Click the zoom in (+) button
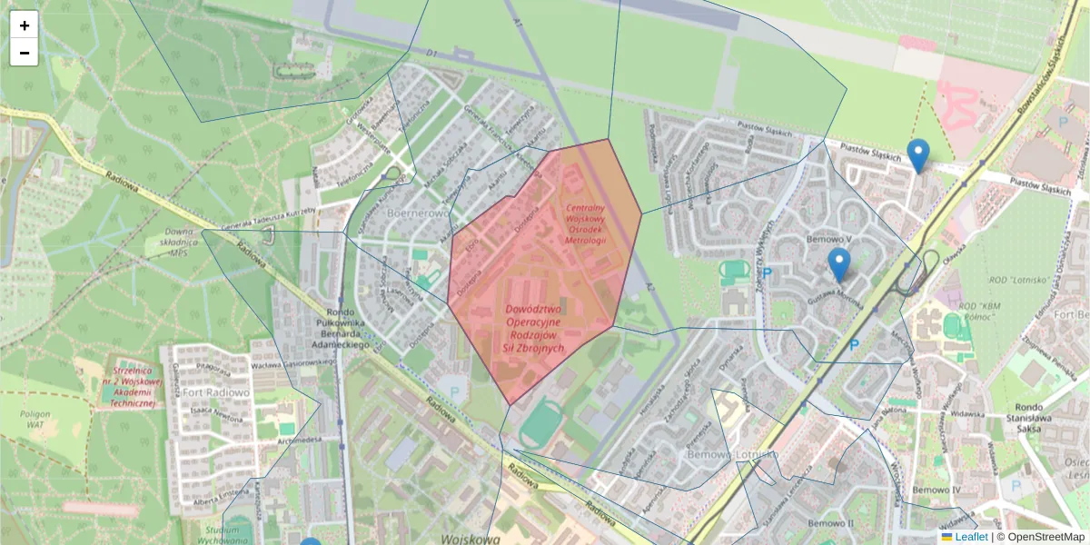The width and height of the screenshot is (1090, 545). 25,25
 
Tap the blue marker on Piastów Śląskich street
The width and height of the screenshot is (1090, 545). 918,155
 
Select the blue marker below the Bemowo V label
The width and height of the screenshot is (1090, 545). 838,264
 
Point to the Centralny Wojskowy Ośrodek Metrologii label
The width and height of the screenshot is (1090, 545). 585,212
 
